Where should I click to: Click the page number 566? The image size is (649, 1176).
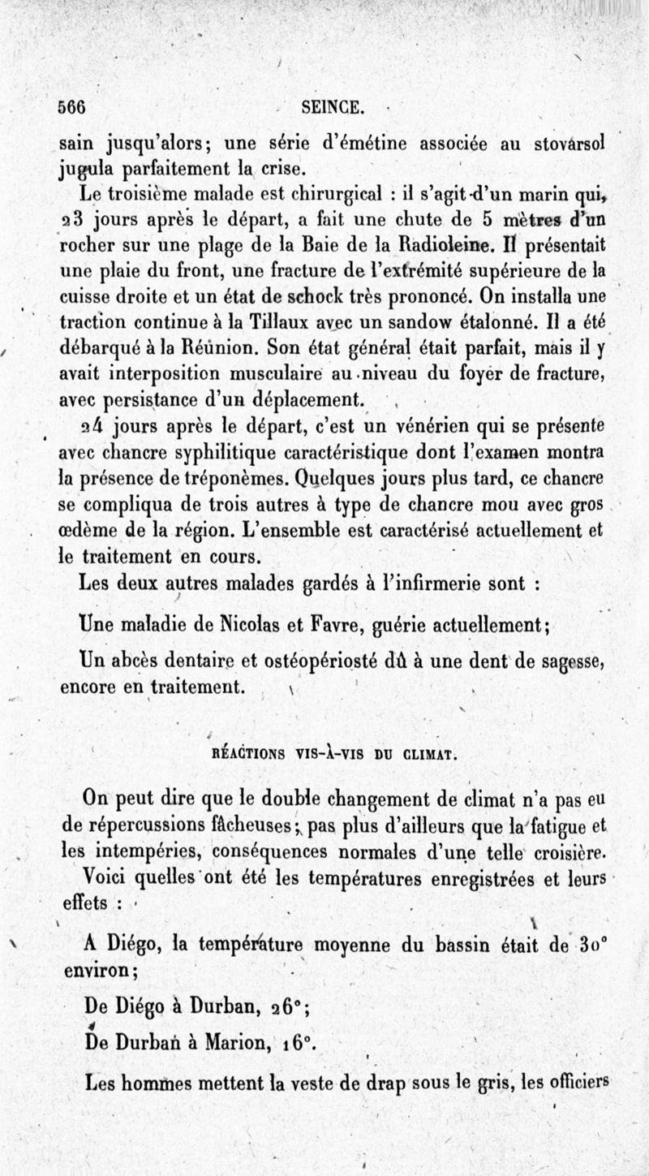point(72,106)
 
